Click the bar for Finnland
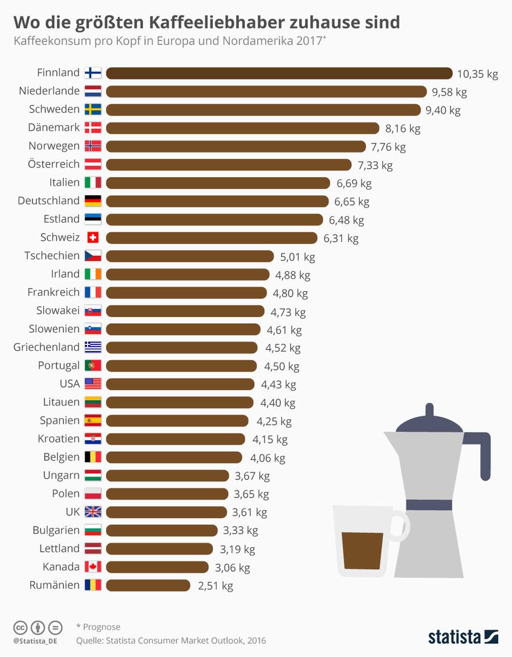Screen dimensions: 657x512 point(279,73)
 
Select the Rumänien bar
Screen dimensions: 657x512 point(148,585)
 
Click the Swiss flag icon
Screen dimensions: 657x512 point(93,237)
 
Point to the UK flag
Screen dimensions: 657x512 point(93,511)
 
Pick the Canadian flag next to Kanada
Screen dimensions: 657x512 point(93,566)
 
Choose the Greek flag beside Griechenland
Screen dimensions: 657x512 point(93,347)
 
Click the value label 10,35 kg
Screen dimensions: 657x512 point(477,73)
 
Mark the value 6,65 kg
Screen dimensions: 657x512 point(352,201)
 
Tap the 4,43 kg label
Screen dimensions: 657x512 point(278,384)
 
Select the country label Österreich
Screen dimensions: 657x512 point(53,164)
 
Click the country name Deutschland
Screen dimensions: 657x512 point(48,200)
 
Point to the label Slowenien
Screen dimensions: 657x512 point(54,328)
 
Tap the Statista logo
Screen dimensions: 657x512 point(463,637)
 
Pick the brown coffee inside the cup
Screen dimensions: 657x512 point(362,551)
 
